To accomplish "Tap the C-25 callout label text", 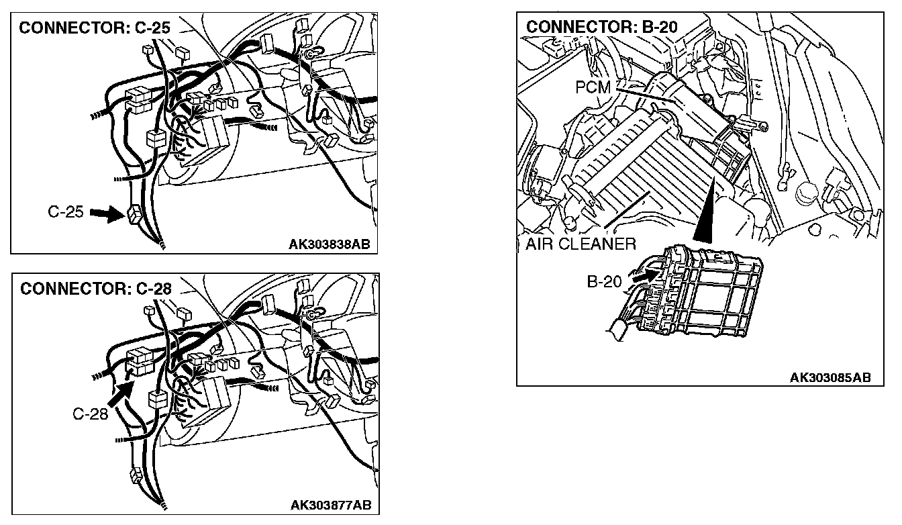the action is coord(65,213).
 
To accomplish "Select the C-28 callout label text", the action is coord(91,414).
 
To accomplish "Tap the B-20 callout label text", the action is coord(605,282).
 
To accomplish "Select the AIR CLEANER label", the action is coord(581,244).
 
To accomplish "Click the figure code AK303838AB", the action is coord(329,245).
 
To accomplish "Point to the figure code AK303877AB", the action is coord(331,505).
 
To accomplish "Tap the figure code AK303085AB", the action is coord(830,377).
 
